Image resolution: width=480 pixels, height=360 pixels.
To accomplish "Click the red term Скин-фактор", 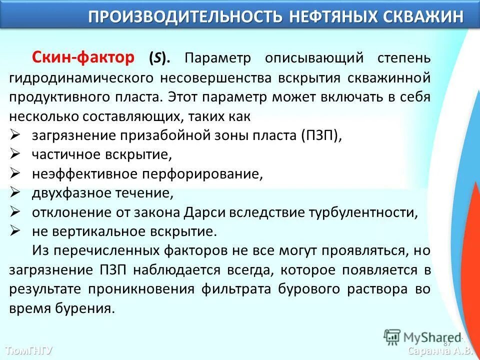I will [x=83, y=58].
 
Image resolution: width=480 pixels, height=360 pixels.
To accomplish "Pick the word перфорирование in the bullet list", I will [x=202, y=174].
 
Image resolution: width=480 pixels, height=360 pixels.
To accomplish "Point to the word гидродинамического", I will [x=80, y=78].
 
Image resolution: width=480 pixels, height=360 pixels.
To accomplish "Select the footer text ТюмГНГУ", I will [x=28, y=350].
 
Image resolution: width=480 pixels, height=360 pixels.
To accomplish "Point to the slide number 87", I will [x=447, y=343].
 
